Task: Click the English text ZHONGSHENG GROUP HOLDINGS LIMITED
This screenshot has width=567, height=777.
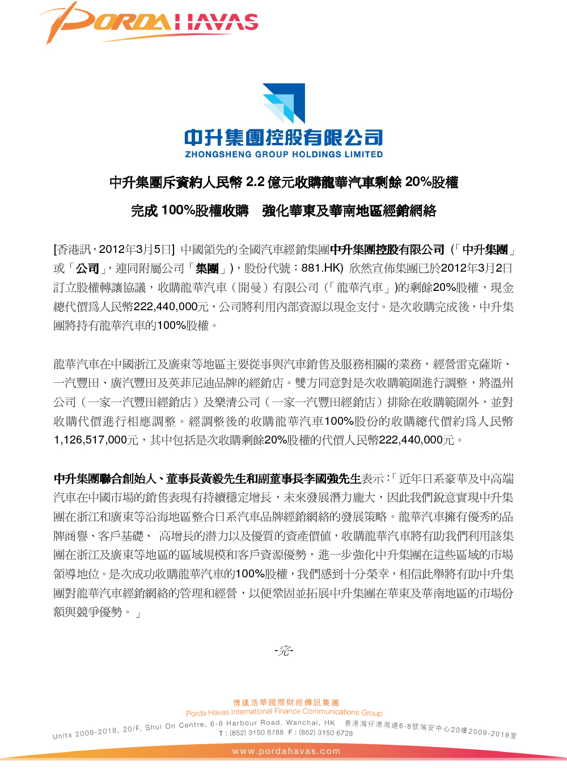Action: point(283,154)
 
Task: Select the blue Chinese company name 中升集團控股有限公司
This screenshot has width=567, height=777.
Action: point(283,137)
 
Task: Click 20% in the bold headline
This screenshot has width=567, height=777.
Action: point(418,182)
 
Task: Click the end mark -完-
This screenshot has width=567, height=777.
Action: point(283,651)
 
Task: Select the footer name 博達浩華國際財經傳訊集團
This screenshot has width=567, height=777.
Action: point(286,703)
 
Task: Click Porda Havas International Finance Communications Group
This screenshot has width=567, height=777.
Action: point(284,712)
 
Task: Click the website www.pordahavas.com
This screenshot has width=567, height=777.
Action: point(286,751)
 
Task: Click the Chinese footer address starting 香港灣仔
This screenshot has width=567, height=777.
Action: point(431,728)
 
